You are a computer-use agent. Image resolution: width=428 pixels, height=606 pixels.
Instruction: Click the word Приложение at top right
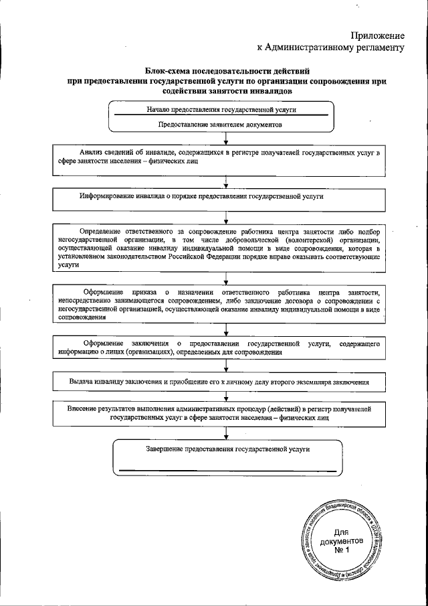pos(379,35)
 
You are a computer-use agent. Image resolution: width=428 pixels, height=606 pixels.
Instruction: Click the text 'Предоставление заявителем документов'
pos(219,125)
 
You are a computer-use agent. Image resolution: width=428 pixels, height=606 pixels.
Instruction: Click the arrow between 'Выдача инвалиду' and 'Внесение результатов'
pos(227,395)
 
